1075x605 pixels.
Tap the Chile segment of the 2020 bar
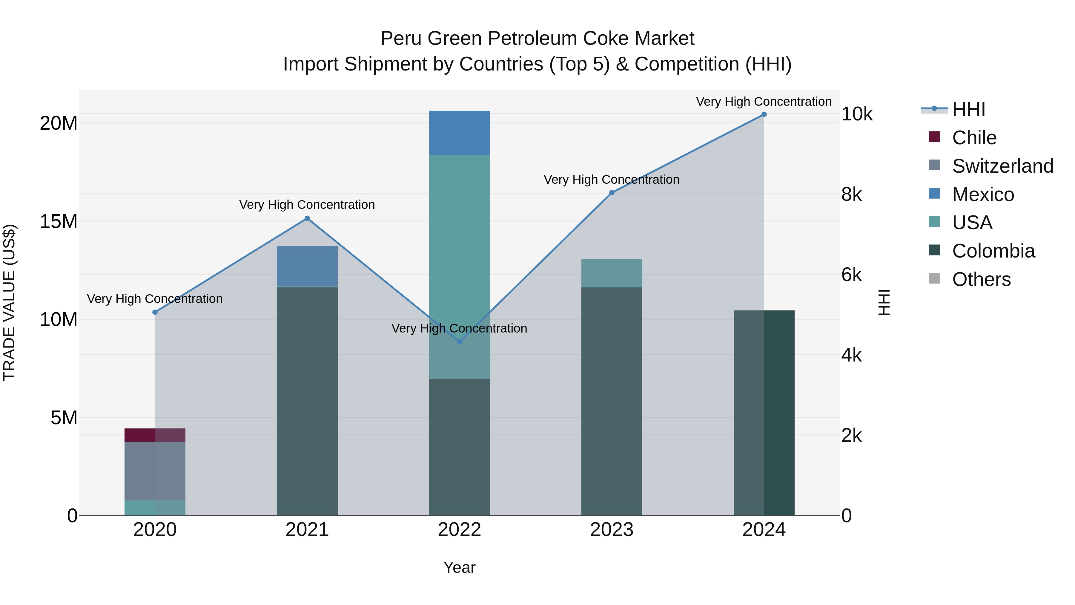(x=155, y=435)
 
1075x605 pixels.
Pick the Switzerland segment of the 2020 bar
(x=155, y=471)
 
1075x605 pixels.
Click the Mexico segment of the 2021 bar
(x=307, y=266)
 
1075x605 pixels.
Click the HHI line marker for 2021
(x=307, y=218)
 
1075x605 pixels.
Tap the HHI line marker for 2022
(x=460, y=341)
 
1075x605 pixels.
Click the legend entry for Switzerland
(x=1002, y=166)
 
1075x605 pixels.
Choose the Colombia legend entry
(x=993, y=251)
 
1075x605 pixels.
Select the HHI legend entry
(x=968, y=109)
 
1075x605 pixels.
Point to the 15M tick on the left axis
(x=59, y=221)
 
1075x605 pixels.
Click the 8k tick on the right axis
(x=851, y=194)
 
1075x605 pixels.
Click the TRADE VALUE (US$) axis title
(x=9, y=302)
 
